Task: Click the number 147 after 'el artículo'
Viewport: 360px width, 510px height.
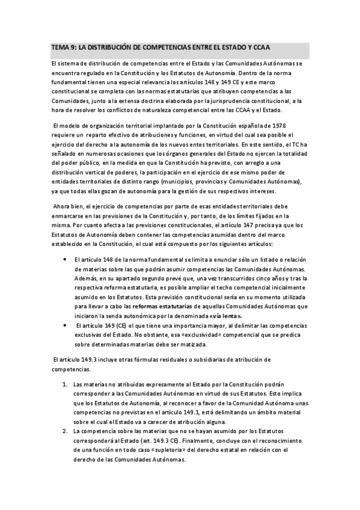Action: coord(248,225)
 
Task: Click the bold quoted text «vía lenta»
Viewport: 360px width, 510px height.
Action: coord(225,316)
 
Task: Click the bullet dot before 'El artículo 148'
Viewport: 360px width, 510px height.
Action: coord(65,259)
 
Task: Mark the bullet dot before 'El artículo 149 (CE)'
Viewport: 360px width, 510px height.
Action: coord(65,325)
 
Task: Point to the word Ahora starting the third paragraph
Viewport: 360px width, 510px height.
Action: coord(63,206)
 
